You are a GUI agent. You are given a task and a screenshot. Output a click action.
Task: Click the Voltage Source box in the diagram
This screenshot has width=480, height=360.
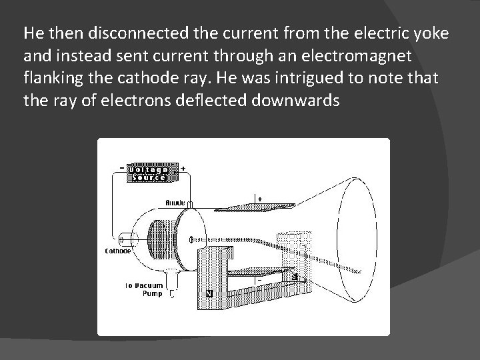[153, 173]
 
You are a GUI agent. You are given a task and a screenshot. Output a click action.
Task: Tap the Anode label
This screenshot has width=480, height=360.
[175, 202]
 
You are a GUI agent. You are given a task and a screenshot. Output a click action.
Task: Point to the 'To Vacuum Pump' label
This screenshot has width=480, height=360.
[144, 289]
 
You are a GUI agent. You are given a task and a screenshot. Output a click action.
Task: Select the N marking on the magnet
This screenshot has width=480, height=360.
[209, 292]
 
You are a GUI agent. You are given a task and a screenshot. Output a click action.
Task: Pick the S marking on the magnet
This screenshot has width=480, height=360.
[295, 274]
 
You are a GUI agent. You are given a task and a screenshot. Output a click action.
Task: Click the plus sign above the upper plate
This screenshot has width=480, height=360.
[259, 197]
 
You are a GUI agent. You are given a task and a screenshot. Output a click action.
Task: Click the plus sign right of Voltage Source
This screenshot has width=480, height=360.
[183, 168]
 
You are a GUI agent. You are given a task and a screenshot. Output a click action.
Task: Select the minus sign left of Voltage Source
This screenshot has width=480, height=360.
[120, 168]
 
